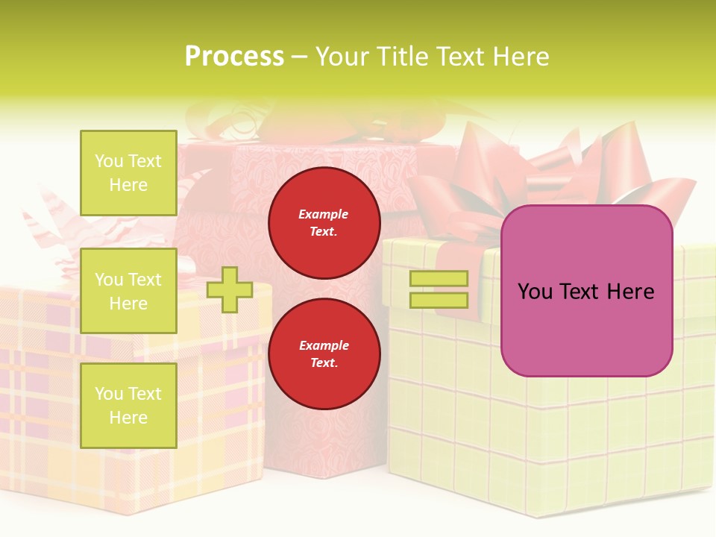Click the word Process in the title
point(234,57)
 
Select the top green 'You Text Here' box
point(128,173)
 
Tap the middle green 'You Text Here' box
point(128,291)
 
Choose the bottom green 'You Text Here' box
point(128,405)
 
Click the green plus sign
point(229,289)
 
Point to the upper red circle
point(324,223)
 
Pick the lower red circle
point(324,354)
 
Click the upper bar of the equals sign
point(439,279)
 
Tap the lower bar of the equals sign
point(439,300)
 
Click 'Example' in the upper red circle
point(324,214)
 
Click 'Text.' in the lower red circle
point(324,363)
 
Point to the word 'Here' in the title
point(521,57)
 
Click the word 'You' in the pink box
point(535,292)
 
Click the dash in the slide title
point(300,57)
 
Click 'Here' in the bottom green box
point(128,418)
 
